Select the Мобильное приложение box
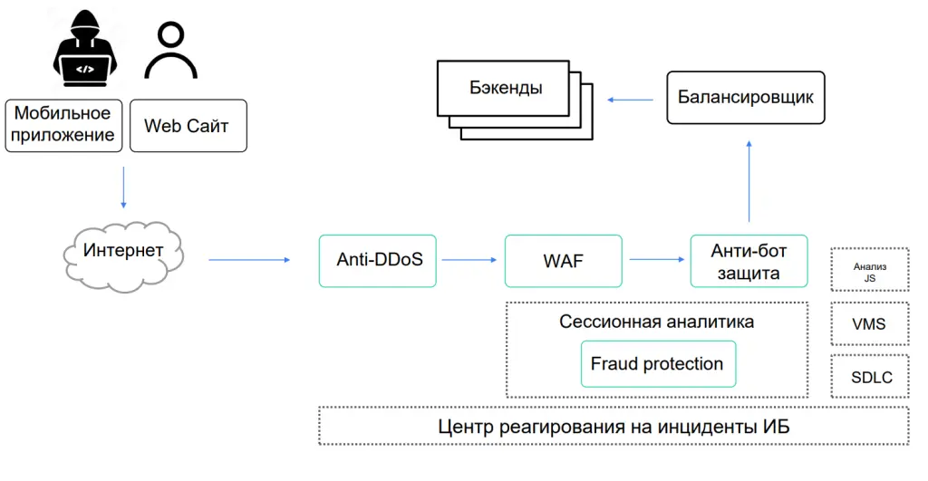[63, 125]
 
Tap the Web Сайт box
[188, 125]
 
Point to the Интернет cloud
[124, 251]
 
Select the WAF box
[563, 261]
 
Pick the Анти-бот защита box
[748, 261]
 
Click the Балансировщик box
[746, 98]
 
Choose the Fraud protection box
[657, 364]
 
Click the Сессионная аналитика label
[656, 322]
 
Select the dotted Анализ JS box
[869, 270]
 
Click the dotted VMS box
[869, 323]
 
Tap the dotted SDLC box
[869, 377]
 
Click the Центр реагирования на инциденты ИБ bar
[614, 426]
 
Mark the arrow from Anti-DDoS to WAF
[469, 260]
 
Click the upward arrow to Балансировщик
[749, 180]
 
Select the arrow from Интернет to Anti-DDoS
[249, 260]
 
